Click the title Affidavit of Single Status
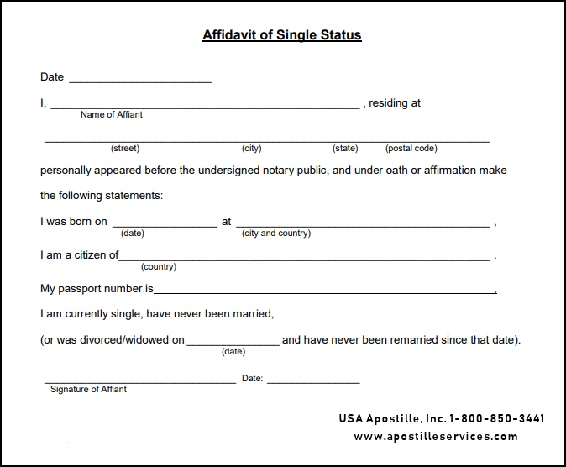282,35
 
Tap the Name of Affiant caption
112,115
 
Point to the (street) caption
125,149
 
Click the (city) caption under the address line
252,149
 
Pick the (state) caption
345,149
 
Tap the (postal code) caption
411,149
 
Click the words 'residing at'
395,103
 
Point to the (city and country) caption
276,233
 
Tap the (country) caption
159,267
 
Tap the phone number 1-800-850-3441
497,418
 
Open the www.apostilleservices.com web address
436,437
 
